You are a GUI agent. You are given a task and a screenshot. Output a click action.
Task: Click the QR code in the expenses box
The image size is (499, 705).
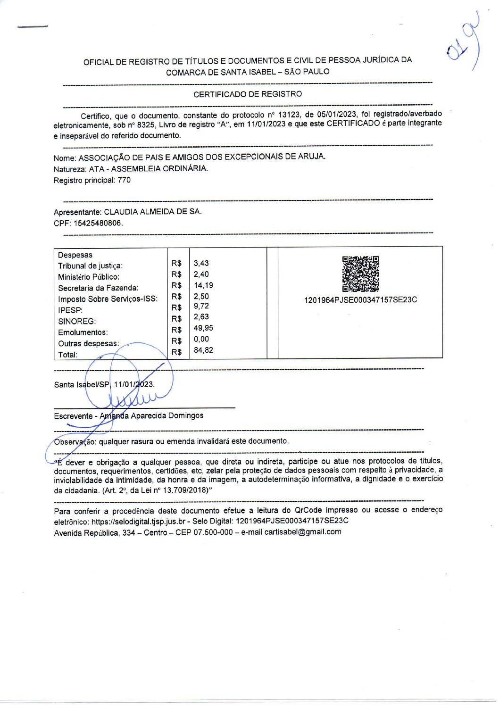pos(360,274)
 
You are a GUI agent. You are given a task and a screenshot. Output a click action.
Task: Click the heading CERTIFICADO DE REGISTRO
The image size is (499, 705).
pos(248,94)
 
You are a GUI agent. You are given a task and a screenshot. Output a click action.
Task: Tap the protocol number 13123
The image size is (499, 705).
pos(289,115)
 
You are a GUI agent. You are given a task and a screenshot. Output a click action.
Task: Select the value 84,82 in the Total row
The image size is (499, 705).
pos(203,350)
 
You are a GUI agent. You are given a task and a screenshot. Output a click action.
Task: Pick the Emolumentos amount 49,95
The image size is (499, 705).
pos(203,328)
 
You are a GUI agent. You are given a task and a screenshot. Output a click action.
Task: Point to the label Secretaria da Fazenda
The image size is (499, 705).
pos(98,288)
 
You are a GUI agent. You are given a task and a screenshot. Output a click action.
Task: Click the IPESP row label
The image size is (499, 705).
pos(70,310)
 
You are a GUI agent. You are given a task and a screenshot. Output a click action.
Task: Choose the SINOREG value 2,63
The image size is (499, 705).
pos(201,317)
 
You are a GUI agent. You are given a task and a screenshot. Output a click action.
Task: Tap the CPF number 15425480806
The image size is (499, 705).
pos(97,223)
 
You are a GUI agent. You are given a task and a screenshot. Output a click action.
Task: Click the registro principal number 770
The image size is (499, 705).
pos(124,180)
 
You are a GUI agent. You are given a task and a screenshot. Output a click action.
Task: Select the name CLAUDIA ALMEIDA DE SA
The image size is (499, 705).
pos(152,212)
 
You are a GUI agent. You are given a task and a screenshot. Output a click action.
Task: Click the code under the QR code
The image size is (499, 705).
pos(360,300)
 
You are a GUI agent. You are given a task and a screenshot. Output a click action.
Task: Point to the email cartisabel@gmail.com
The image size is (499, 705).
pos(303,532)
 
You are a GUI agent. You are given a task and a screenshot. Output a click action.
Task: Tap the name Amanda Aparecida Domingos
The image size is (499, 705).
pos(151,416)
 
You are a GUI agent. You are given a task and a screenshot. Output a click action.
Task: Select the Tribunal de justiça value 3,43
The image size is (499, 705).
pos(201,263)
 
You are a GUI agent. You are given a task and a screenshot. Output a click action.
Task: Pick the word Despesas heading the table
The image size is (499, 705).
pos(75,255)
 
